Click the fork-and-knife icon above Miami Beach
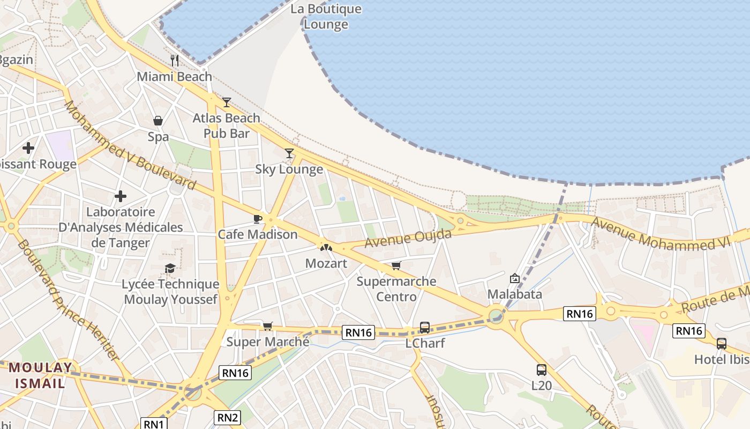174,60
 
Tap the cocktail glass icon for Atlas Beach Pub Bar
227,102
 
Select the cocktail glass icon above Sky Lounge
289,153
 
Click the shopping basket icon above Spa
158,121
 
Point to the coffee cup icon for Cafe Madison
257,218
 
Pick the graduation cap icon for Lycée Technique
170,268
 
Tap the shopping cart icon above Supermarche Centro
396,265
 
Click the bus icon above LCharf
425,327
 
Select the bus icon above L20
542,369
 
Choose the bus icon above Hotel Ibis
722,343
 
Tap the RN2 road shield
228,417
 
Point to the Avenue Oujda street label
408,239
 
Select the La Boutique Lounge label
326,17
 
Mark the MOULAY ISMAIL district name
40,375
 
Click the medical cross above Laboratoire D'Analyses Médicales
121,196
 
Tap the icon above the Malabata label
515,278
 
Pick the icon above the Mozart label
326,247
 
